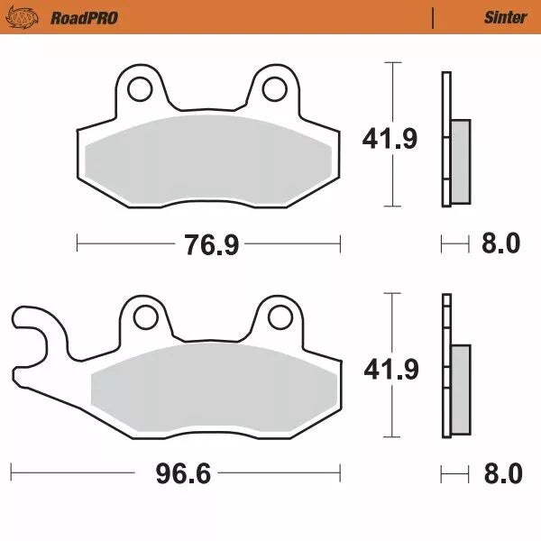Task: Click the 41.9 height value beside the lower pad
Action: coord(389,369)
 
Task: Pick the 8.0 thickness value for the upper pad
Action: coord(500,243)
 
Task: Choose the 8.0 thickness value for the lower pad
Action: coord(500,472)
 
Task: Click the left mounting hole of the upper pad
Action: coord(140,88)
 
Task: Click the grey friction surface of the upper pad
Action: coord(207,158)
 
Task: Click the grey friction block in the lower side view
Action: coord(459,390)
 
